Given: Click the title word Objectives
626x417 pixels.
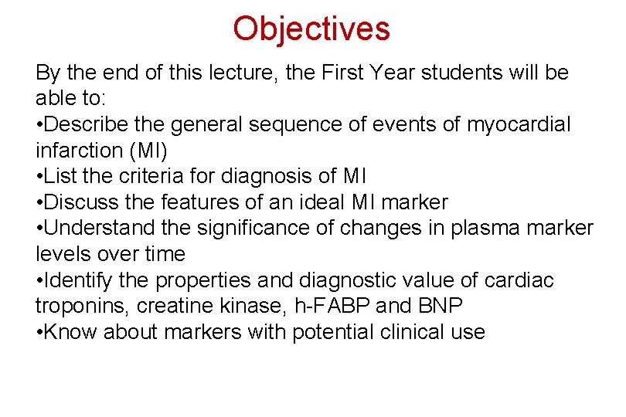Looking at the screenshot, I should pos(311,29).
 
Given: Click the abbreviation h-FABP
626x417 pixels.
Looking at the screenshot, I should pos(333,307).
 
